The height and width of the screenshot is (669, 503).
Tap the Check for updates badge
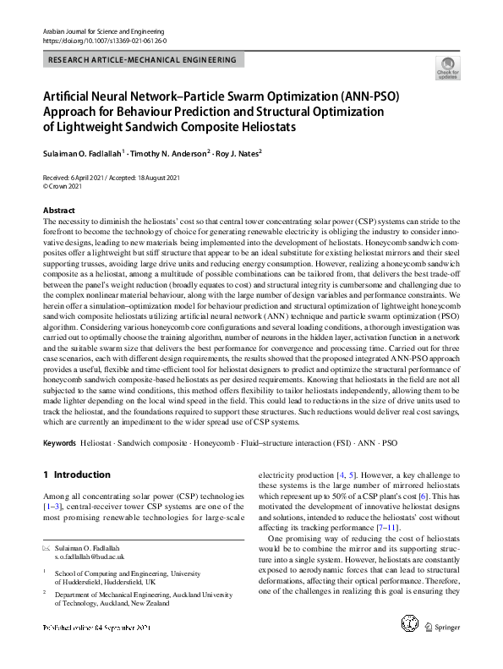(447, 68)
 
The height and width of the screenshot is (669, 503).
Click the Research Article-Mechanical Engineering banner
(142, 60)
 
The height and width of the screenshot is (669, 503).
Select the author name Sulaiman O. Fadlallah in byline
(94, 153)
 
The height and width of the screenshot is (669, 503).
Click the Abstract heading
(59, 209)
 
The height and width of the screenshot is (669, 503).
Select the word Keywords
(59, 443)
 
